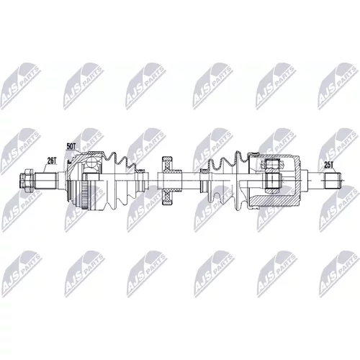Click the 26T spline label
click(x=52, y=161)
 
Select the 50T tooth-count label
click(x=71, y=146)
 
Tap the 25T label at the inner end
click(x=328, y=165)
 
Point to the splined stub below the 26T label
click(x=46, y=181)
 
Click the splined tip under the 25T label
click(x=333, y=181)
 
